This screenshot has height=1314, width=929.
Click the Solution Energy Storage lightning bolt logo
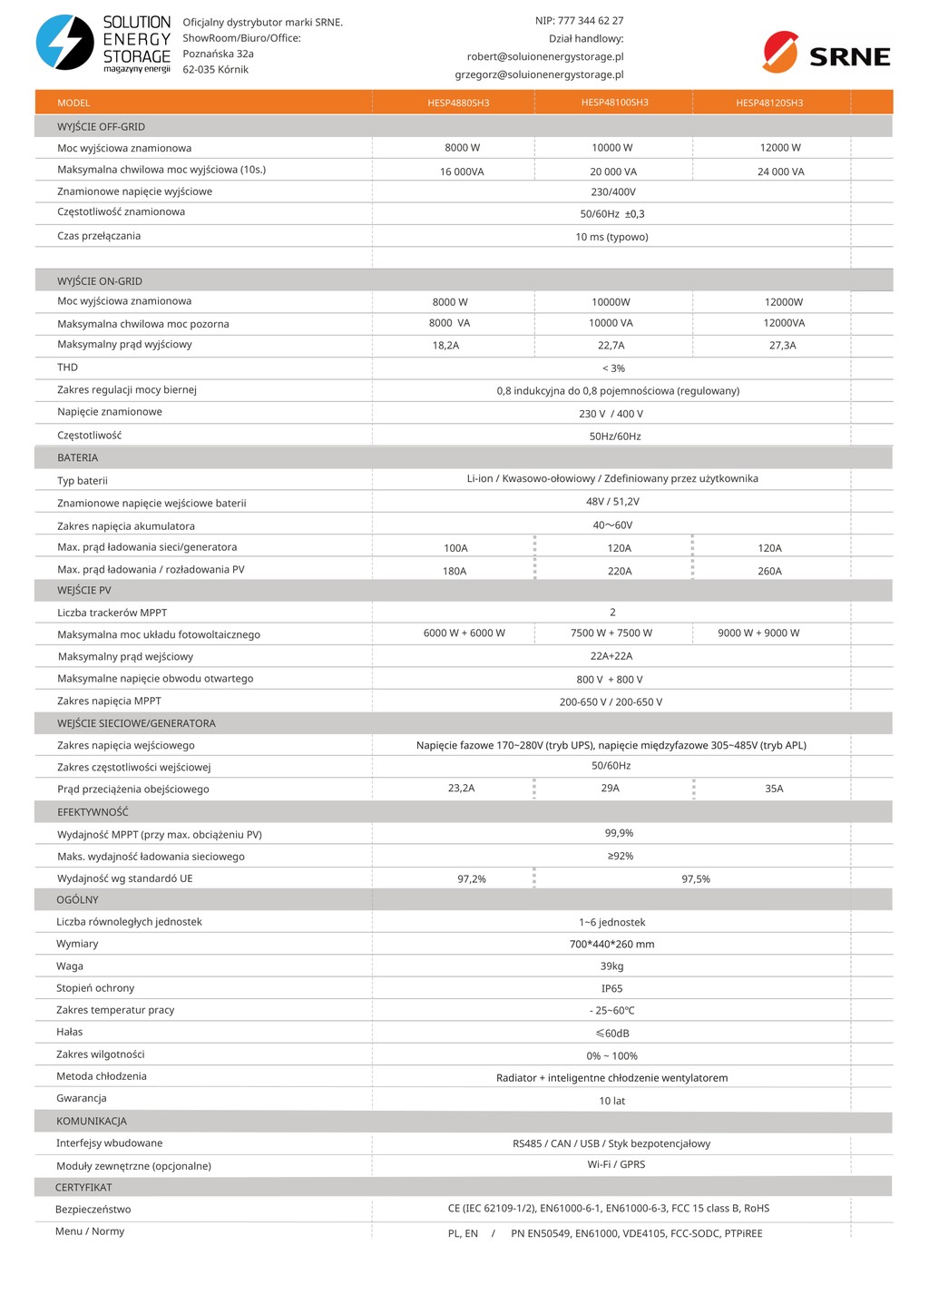tap(64, 43)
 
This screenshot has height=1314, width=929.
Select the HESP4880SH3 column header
tap(458, 103)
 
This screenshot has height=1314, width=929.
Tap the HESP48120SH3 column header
tap(769, 103)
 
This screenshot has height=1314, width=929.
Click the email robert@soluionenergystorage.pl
tap(545, 57)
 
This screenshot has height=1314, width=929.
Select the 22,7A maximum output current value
tap(611, 346)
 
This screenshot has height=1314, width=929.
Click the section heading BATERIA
tap(77, 458)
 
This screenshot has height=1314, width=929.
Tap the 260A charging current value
tap(769, 572)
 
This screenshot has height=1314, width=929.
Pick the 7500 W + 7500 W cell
tap(611, 633)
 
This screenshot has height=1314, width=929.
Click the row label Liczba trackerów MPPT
tap(112, 613)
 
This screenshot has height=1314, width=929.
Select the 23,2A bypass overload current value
tap(461, 789)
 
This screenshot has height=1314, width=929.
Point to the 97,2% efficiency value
tap(471, 879)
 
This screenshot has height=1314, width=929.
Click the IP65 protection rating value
tap(611, 989)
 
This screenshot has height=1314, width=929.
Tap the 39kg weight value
tap(611, 966)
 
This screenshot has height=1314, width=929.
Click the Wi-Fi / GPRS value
tap(616, 1164)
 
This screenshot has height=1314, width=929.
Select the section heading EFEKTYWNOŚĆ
tap(93, 812)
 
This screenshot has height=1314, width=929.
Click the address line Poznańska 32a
tap(218, 54)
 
